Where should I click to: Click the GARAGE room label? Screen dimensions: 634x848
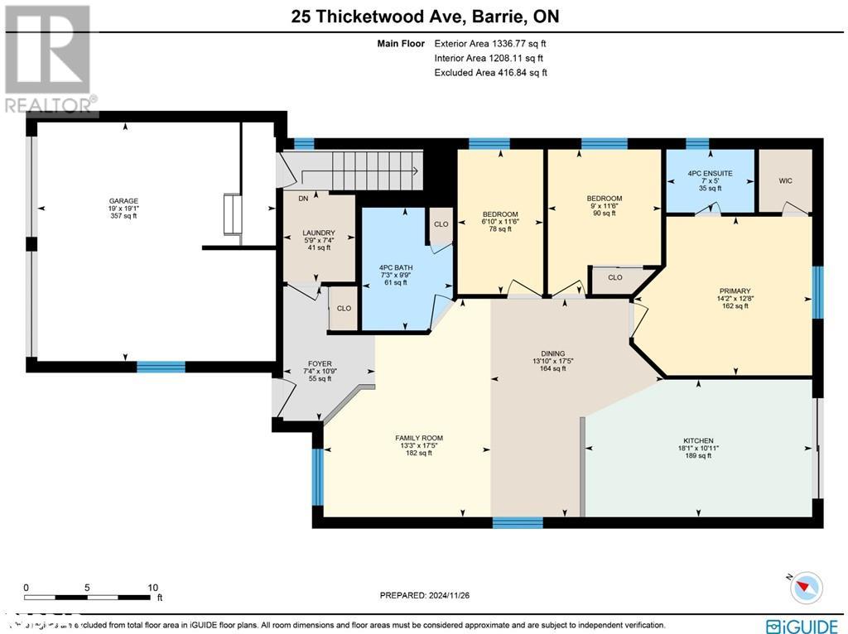(123, 200)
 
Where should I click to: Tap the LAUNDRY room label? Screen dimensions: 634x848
(318, 233)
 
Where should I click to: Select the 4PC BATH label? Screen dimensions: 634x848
(395, 267)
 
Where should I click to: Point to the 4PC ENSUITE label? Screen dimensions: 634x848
(710, 173)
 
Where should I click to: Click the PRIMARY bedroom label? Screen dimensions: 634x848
(735, 291)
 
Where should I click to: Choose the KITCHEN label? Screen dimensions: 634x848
(698, 440)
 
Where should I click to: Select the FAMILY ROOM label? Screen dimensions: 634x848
(418, 438)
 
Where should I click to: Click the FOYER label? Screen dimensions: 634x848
(320, 362)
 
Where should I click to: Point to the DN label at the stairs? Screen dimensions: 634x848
(303, 199)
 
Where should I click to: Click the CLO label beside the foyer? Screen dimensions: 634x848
(344, 309)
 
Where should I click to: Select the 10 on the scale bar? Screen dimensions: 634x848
(152, 587)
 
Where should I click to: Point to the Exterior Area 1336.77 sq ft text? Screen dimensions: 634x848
(490, 43)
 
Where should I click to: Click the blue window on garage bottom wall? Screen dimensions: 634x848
(161, 367)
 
